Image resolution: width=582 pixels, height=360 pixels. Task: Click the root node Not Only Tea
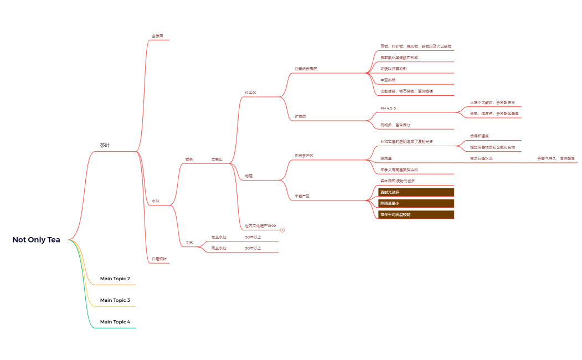tap(37, 240)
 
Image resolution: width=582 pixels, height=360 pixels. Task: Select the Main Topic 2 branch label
tap(115, 279)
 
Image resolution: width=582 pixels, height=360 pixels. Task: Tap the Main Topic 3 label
tap(115, 300)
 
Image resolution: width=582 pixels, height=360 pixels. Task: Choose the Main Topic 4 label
tap(115, 322)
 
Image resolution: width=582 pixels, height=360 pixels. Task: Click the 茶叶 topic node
tap(105, 146)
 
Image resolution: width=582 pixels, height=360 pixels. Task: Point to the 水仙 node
tap(156, 200)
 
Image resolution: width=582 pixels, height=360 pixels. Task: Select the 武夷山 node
tap(217, 160)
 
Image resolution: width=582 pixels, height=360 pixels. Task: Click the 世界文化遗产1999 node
tap(260, 226)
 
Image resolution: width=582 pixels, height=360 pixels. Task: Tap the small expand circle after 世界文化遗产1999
tap(282, 229)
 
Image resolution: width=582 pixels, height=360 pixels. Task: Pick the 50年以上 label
tap(253, 237)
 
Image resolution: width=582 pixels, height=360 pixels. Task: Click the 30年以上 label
tap(253, 249)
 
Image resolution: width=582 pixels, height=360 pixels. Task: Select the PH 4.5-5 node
tap(388, 108)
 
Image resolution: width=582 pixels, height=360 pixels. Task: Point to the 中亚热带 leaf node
tap(388, 80)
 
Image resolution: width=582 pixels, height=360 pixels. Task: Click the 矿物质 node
tap(300, 116)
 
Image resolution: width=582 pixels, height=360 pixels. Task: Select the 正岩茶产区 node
tap(304, 156)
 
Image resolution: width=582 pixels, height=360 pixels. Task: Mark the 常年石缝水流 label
tap(481, 158)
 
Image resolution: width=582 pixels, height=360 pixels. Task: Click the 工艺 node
tap(189, 243)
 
